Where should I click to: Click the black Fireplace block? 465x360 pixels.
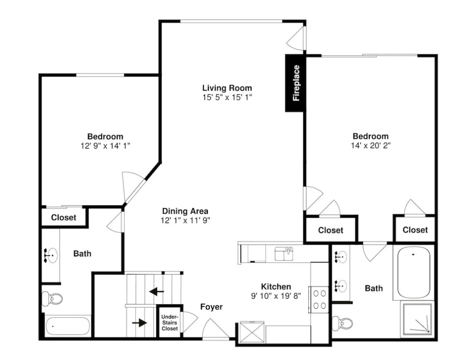(x=295, y=83)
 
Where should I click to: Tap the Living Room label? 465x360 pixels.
(x=227, y=88)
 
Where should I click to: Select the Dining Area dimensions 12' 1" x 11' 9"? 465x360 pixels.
(x=185, y=220)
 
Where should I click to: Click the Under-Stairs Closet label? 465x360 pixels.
(x=170, y=322)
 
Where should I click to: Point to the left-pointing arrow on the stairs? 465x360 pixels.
(x=157, y=292)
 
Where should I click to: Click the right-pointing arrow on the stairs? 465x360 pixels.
(x=139, y=322)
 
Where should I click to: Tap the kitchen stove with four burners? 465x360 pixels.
(x=319, y=299)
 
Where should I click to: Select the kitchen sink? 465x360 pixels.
(x=284, y=254)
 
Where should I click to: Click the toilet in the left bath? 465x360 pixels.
(x=52, y=299)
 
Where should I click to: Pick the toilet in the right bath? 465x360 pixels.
(x=342, y=323)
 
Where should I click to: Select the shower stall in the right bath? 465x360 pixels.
(x=417, y=319)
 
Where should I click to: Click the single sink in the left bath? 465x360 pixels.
(x=51, y=255)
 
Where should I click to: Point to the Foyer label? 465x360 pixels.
(x=212, y=307)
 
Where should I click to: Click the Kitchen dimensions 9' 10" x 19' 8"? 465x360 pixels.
(x=276, y=296)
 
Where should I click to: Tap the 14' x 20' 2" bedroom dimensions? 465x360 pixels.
(x=371, y=145)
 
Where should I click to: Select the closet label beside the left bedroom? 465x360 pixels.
(x=64, y=217)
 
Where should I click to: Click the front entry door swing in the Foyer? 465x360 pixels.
(x=216, y=328)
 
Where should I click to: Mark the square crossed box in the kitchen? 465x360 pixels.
(x=252, y=332)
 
